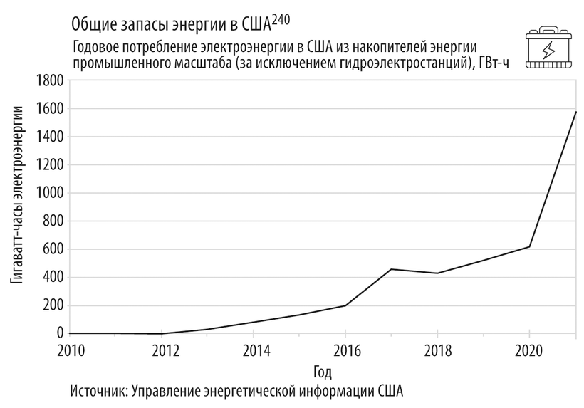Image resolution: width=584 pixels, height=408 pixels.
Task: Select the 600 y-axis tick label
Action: point(51,249)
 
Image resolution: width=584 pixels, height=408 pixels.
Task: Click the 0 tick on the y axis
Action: point(61,333)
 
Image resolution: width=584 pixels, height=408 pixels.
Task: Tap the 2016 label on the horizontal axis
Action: point(346,351)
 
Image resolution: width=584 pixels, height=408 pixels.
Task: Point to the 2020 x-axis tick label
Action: point(528,351)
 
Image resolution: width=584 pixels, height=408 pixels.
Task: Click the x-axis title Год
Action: point(323,371)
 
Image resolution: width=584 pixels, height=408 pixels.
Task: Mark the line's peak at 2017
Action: point(392,269)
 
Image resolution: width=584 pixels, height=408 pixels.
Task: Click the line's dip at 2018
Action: point(437,273)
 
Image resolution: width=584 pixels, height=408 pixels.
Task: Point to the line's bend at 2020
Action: point(529,247)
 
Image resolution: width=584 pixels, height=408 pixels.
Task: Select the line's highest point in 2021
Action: point(575,113)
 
